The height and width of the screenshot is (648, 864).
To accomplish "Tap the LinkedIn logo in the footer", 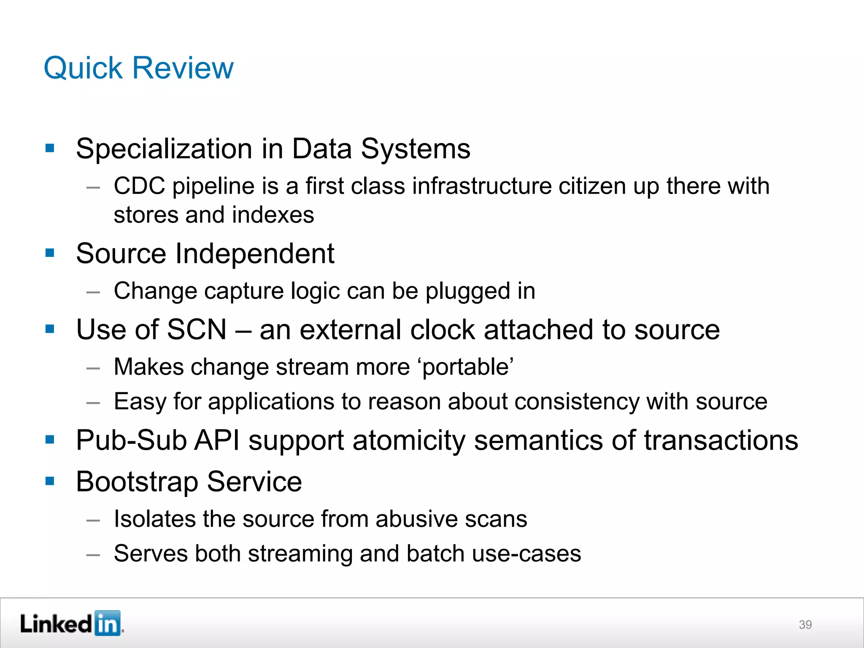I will pos(71,624).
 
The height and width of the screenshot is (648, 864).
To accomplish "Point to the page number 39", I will pos(805,625).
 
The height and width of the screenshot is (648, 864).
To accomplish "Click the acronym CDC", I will pos(139,186).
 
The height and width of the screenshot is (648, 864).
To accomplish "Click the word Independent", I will pos(254,254).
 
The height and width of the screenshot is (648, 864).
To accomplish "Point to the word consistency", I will pos(577,402).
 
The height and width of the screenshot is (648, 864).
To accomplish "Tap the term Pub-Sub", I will pos(131,440).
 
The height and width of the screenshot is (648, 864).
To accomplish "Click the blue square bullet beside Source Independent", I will pos(50,253).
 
